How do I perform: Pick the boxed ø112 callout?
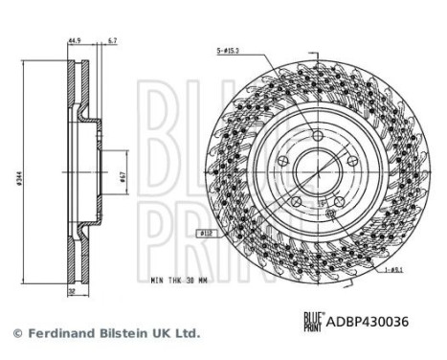pyautogui.click(x=206, y=233)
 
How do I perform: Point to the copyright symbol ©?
pyautogui.click(x=16, y=333)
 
